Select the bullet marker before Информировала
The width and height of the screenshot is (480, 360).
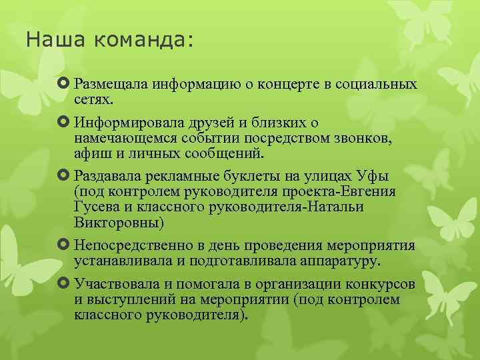65,123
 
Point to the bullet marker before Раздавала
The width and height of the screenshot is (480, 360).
65,177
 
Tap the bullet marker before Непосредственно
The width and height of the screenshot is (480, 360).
65,245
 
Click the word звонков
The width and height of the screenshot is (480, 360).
367,139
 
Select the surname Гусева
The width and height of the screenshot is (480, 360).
97,207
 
